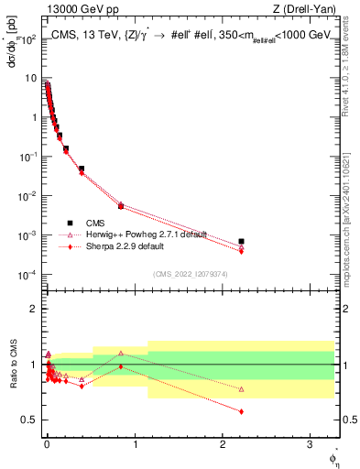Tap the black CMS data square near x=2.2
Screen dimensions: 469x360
click(x=241, y=242)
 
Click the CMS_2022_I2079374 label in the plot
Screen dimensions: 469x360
click(x=189, y=272)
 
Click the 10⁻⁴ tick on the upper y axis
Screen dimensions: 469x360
click(x=28, y=275)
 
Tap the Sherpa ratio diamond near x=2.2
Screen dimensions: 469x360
click(x=241, y=411)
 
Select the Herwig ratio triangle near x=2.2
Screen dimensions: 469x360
click(x=241, y=389)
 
